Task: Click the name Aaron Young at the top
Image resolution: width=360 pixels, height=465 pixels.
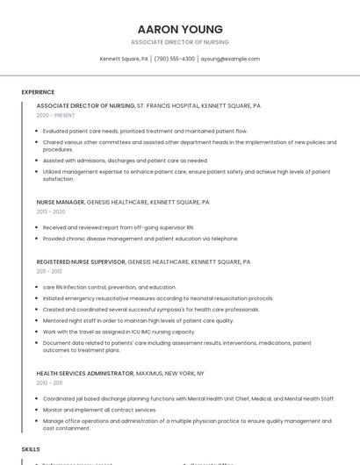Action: coord(179,29)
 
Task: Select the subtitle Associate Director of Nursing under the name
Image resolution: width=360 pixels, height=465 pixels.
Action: coord(179,42)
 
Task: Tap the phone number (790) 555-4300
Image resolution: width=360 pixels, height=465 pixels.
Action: coord(174,59)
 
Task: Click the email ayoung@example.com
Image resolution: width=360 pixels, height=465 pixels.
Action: coord(230,59)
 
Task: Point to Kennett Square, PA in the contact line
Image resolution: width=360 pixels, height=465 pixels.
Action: coord(124,59)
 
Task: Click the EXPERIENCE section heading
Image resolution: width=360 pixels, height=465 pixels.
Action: coord(38,92)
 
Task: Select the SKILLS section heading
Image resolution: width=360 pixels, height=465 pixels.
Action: coord(31,448)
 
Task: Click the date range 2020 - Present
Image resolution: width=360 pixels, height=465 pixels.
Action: coord(56,115)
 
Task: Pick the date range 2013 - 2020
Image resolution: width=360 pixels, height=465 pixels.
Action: coord(51,211)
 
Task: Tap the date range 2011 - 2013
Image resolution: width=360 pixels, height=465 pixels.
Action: coord(49,271)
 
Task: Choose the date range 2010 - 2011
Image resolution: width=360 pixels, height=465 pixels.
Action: coord(49,383)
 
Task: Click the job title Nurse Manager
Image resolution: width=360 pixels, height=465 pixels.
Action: coord(61,202)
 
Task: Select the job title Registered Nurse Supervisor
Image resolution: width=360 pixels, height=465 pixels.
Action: coord(81,261)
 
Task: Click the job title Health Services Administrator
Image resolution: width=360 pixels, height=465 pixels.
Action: coord(85,373)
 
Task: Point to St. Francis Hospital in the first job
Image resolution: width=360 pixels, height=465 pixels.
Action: coord(168,105)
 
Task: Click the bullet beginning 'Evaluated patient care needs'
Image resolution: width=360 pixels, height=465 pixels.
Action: coord(145,131)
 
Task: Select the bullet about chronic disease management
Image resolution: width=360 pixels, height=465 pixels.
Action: coord(140,238)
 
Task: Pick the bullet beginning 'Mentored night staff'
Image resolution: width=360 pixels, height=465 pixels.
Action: coord(138,320)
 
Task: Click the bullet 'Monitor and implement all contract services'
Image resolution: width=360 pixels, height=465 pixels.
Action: coord(99,410)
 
